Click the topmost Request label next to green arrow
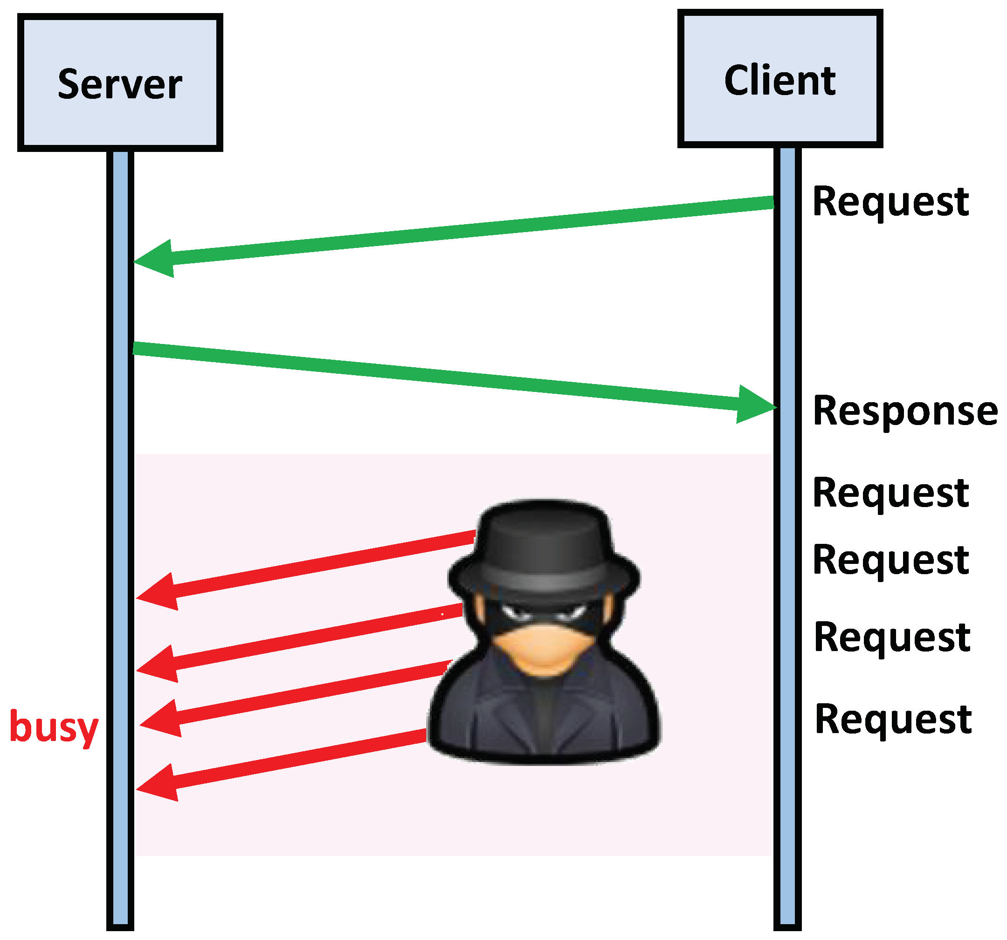pos(890,202)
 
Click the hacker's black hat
pos(543,549)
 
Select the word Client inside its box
pos(780,81)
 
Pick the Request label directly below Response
pos(890,493)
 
